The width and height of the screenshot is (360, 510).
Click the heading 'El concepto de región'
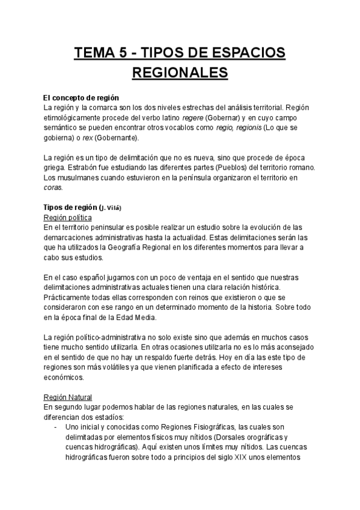point(81,97)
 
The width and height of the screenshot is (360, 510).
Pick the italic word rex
point(87,138)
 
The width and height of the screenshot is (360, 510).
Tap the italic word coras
point(53,188)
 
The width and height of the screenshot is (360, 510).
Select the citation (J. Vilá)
point(109,207)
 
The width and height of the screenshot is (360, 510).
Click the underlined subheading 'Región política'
point(68,217)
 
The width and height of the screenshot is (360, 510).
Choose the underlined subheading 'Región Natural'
point(68,398)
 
